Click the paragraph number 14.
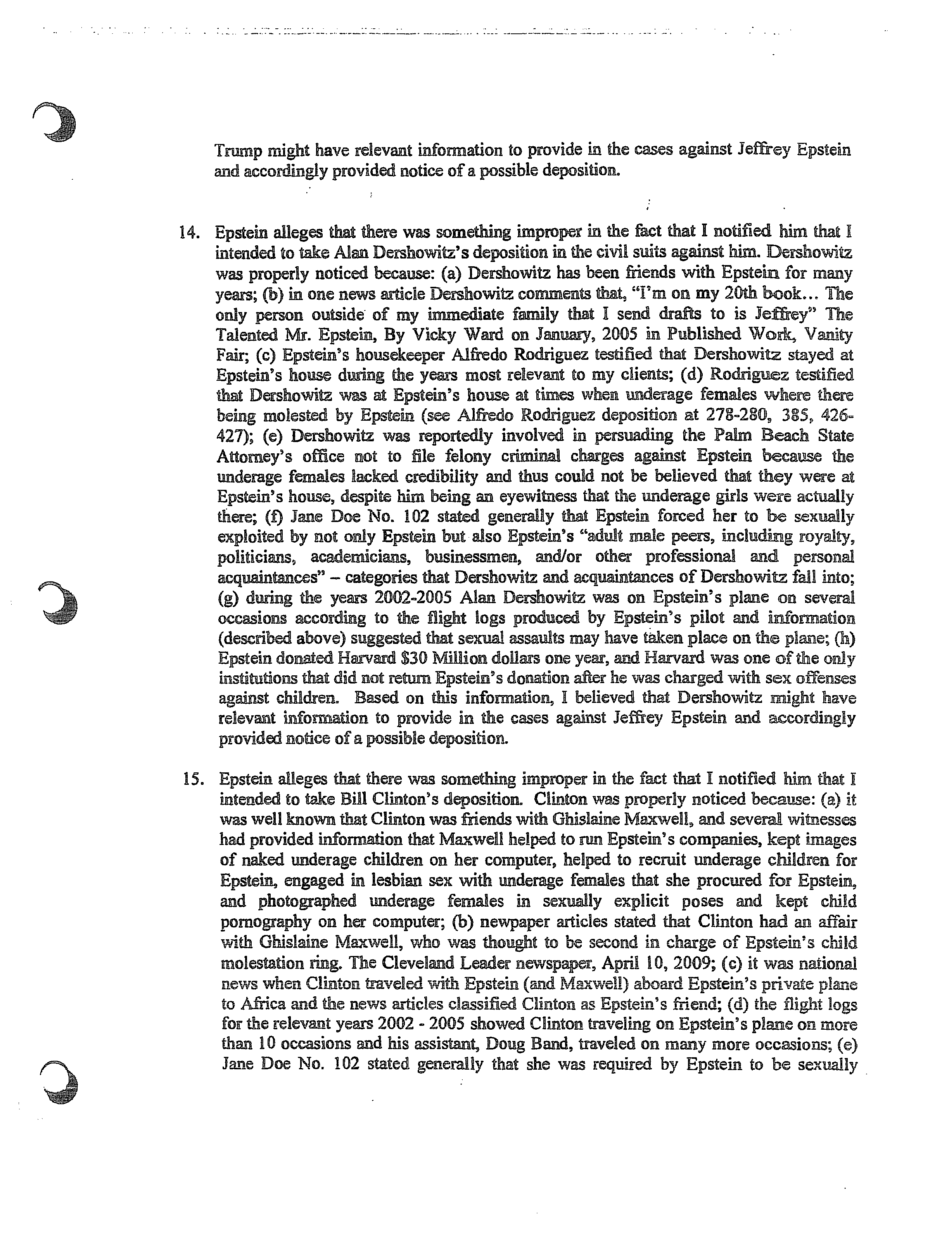[x=189, y=233]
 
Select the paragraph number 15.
[x=193, y=780]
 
